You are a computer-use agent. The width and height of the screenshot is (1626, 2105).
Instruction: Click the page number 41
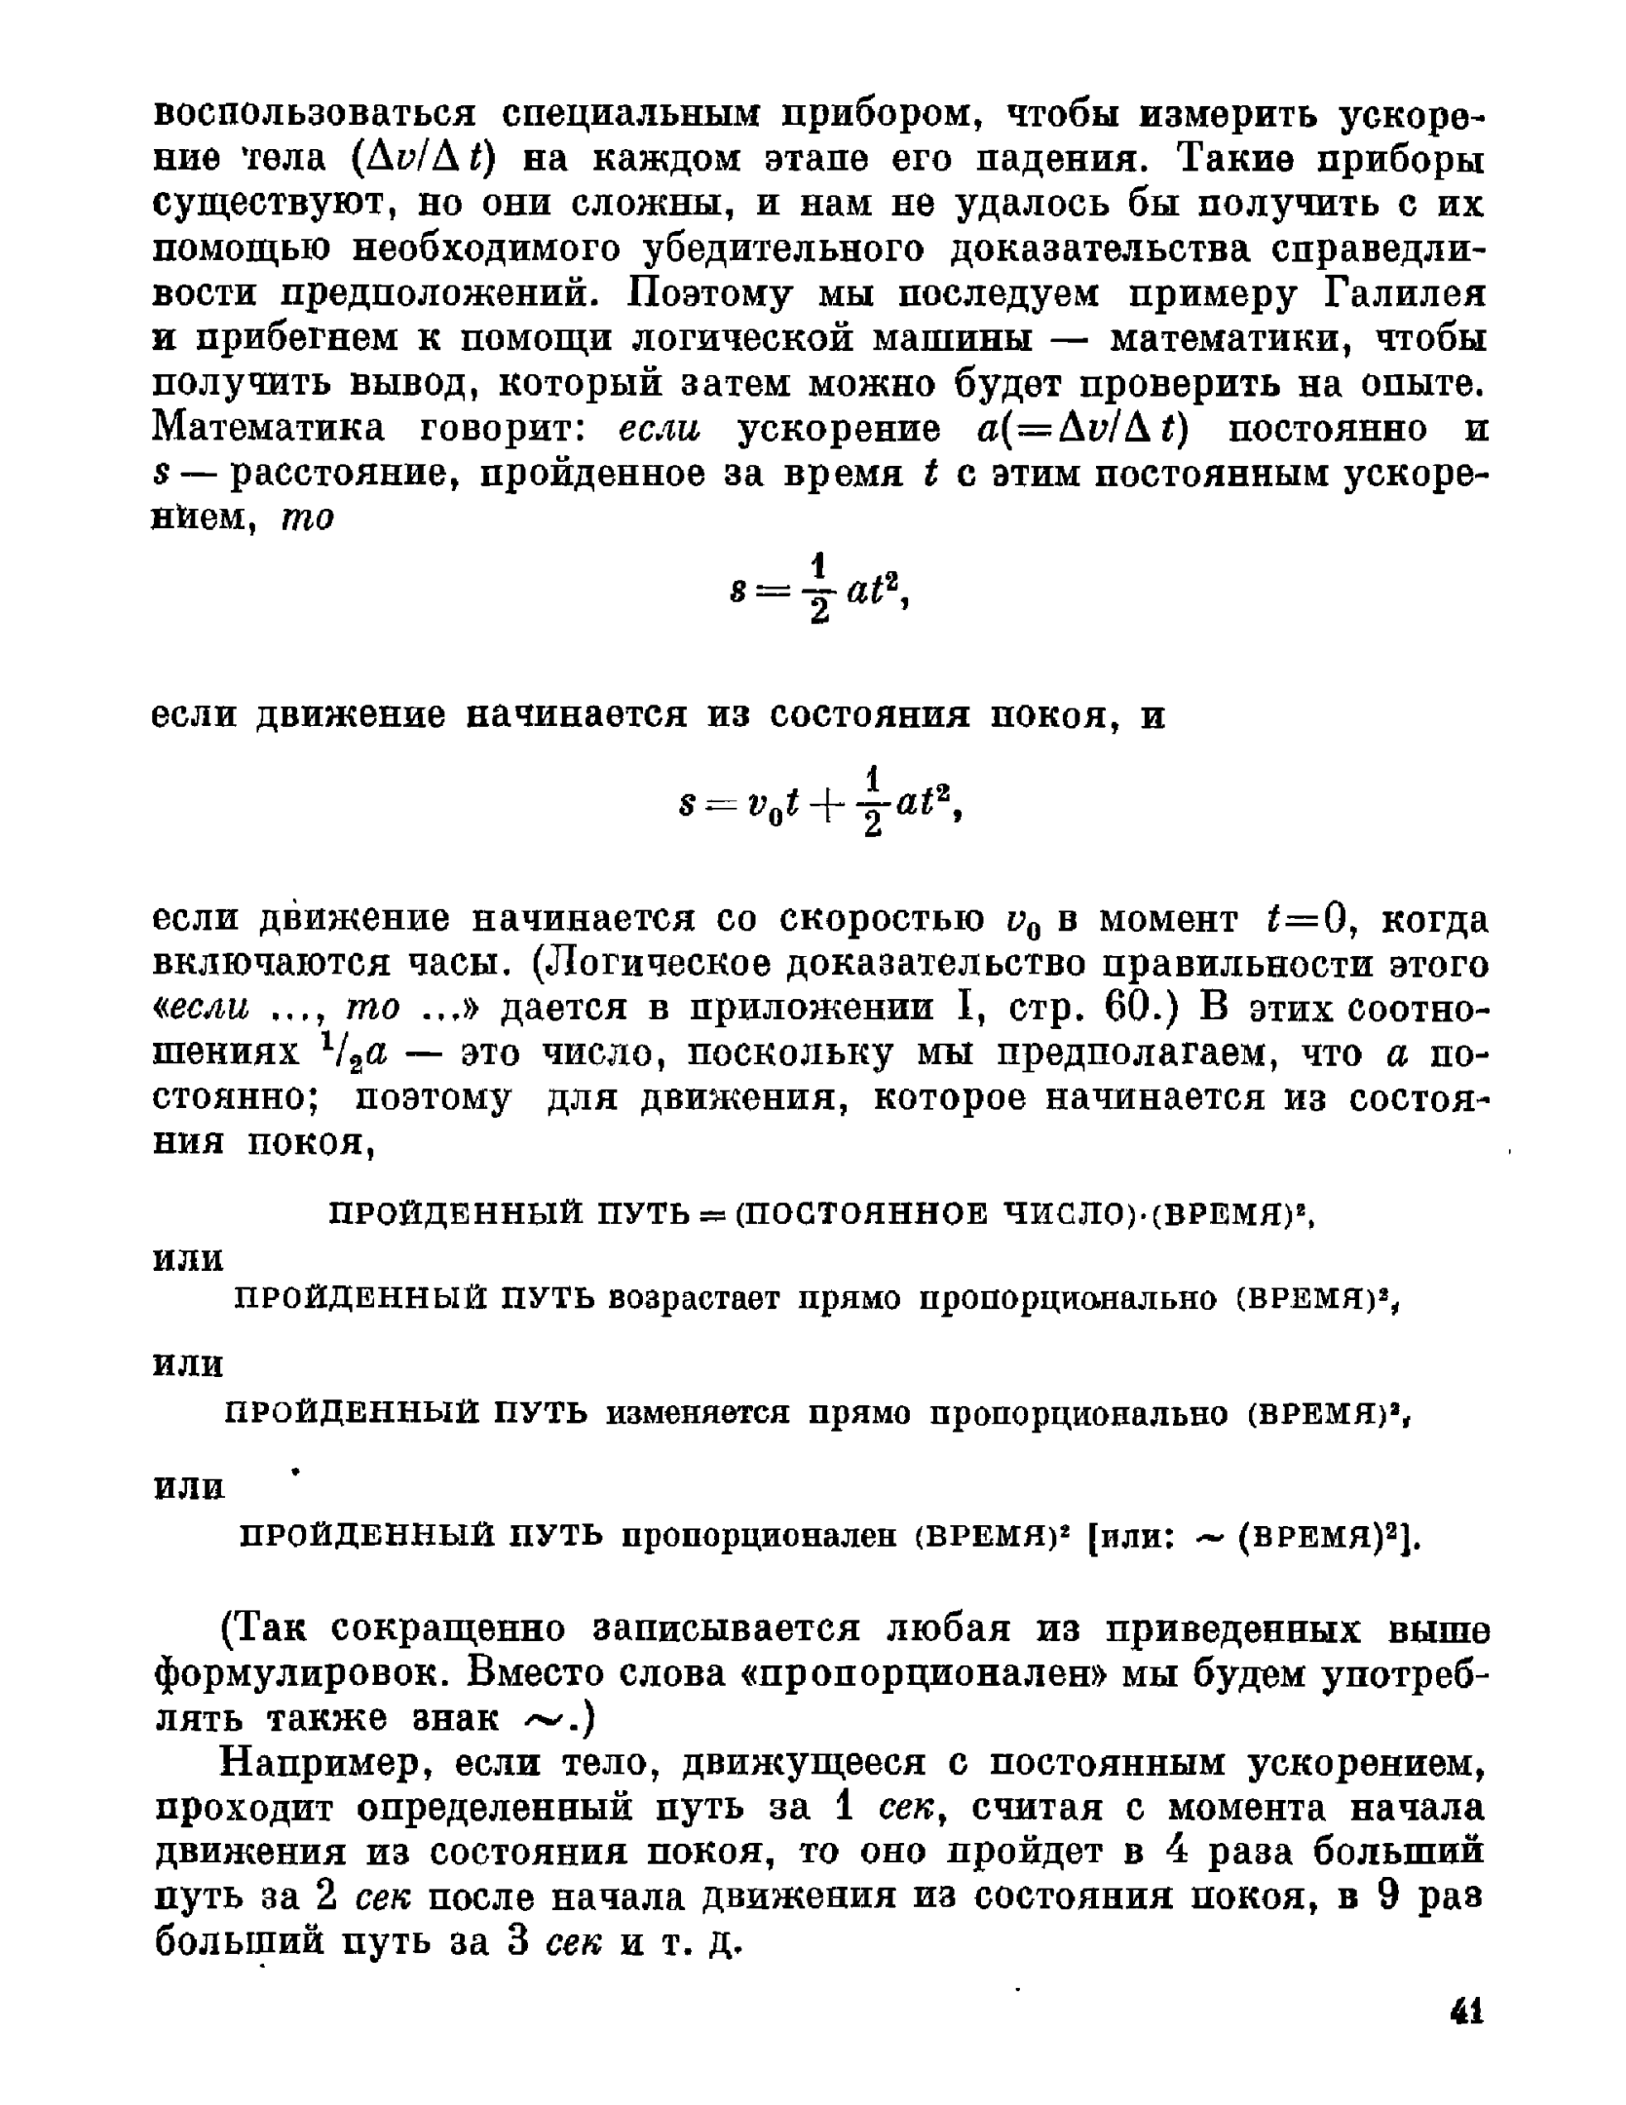click(x=1465, y=2010)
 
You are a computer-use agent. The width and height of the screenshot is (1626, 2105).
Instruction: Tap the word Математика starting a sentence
click(x=269, y=429)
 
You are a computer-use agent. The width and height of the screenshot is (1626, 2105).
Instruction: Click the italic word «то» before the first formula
click(x=308, y=518)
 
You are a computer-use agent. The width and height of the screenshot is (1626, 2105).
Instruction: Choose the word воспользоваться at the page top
click(x=316, y=114)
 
